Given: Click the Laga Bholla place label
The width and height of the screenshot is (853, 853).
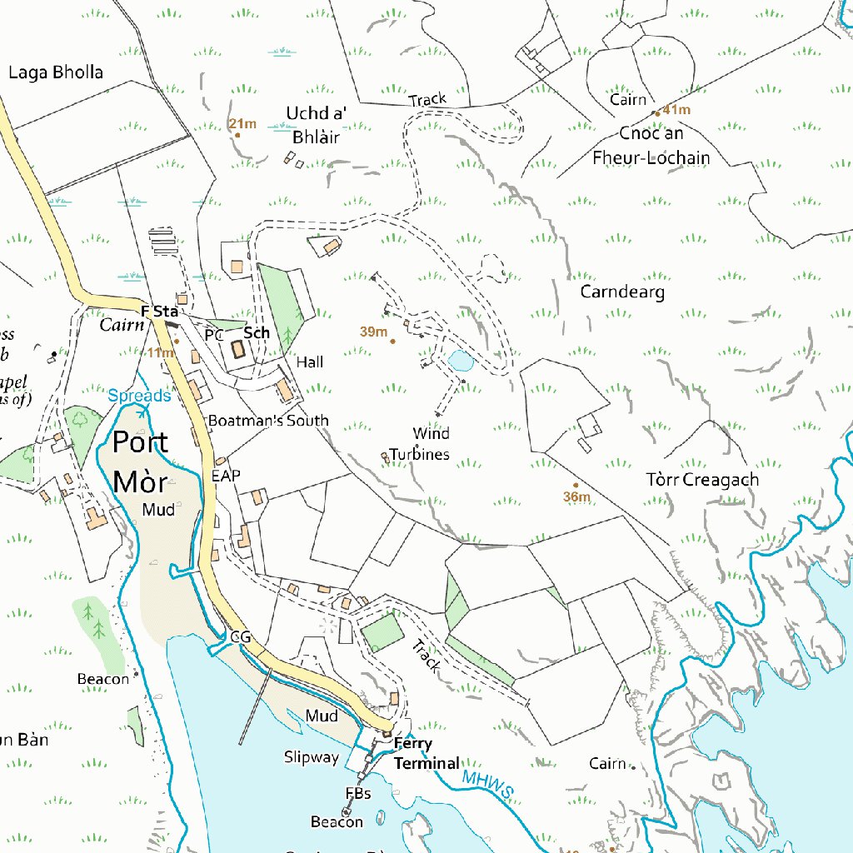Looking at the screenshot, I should [x=56, y=72].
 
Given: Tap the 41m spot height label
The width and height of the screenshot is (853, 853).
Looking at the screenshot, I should [x=676, y=110].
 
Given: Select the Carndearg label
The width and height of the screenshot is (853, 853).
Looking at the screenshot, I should [x=622, y=292].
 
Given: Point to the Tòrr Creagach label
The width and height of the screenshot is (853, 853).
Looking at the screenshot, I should [x=702, y=480].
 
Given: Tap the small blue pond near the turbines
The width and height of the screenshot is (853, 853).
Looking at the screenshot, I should [x=459, y=361].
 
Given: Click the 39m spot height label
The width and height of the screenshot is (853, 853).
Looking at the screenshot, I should [x=374, y=332].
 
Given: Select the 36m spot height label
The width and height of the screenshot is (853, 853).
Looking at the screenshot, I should [x=576, y=497].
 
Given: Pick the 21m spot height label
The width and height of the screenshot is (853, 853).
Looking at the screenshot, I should [x=242, y=124].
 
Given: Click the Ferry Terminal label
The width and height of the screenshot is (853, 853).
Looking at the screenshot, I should [x=426, y=753].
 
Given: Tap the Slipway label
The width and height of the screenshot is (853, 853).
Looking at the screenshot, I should [x=312, y=757].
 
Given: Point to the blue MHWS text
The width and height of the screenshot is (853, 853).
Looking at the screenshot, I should [x=486, y=783].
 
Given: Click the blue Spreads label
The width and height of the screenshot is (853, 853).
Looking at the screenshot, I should [x=139, y=396].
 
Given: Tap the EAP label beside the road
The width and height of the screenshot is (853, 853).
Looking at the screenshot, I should [x=226, y=476].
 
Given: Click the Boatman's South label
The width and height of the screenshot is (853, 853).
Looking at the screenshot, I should [x=268, y=421].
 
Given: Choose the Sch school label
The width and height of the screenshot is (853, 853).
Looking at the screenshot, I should [x=257, y=332].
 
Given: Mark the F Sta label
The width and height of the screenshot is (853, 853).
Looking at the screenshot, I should [x=160, y=312].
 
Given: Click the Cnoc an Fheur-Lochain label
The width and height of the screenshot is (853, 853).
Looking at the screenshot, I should [x=651, y=146].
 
